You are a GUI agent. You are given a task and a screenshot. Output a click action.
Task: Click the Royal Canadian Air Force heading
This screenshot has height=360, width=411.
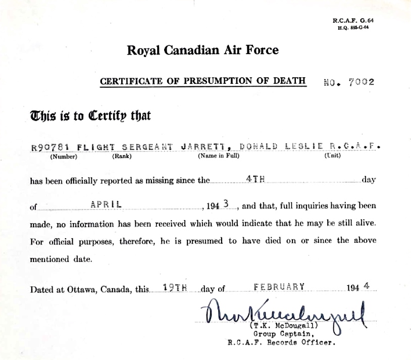pos(202,50)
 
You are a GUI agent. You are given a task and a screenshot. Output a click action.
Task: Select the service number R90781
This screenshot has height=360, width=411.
pos(49,147)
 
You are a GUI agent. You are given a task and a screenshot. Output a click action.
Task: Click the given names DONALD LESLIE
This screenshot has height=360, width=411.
pos(282,147)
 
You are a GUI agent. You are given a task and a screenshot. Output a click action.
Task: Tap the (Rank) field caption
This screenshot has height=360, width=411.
pos(122,156)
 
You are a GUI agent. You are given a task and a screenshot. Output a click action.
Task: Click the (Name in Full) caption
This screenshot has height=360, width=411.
pos(218,156)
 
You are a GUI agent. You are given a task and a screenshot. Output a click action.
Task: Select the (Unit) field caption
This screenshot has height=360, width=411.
pos(332,156)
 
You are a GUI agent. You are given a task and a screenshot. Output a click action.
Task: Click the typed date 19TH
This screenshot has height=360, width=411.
pos(176,287)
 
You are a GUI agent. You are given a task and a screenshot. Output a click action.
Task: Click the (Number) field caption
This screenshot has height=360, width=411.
pos(64,156)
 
